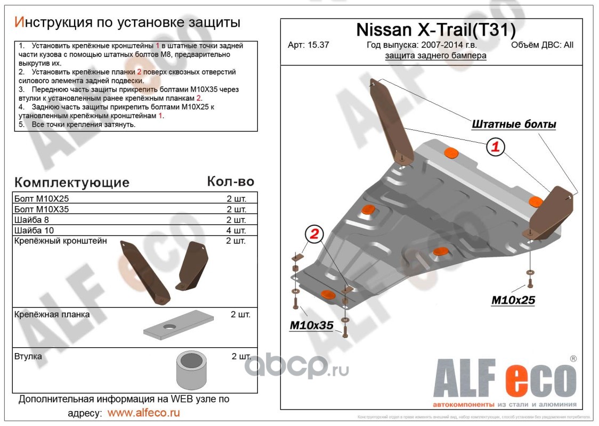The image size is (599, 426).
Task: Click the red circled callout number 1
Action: click(495, 147)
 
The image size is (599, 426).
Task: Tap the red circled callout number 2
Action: click(314, 234)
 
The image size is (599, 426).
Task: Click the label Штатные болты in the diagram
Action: click(514, 125)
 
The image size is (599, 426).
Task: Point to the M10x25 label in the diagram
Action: click(513, 300)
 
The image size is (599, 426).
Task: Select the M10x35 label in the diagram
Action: click(311, 325)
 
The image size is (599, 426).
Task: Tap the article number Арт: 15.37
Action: click(308, 45)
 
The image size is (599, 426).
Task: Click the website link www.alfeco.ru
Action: click(143, 413)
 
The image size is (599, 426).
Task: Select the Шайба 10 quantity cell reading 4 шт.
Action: click(236, 231)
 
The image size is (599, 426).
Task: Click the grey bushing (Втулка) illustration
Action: click(191, 370)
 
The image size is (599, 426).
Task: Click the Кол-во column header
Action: click(230, 182)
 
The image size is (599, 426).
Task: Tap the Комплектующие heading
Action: click(72, 183)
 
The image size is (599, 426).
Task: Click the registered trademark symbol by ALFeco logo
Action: click(573, 359)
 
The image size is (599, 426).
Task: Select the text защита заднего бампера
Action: click(435, 56)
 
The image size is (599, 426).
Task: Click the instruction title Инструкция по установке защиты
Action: click(127, 22)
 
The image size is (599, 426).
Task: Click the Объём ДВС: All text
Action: click(542, 45)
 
